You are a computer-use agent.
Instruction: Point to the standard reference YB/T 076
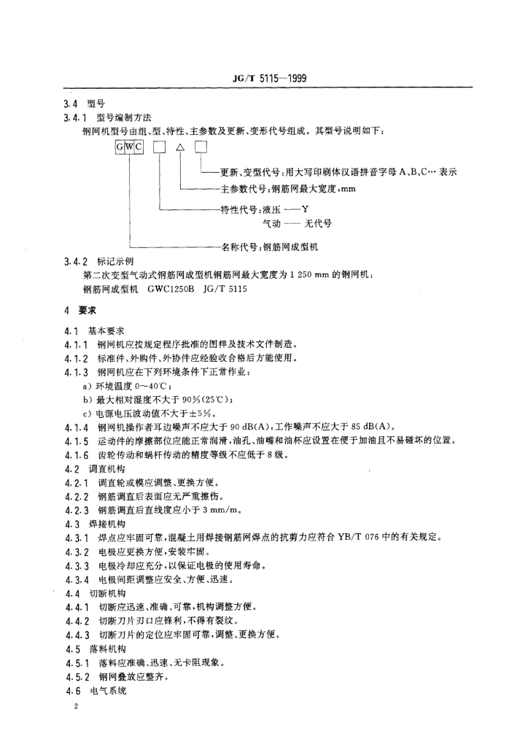click(x=393, y=538)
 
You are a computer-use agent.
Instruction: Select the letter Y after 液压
click(x=296, y=209)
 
